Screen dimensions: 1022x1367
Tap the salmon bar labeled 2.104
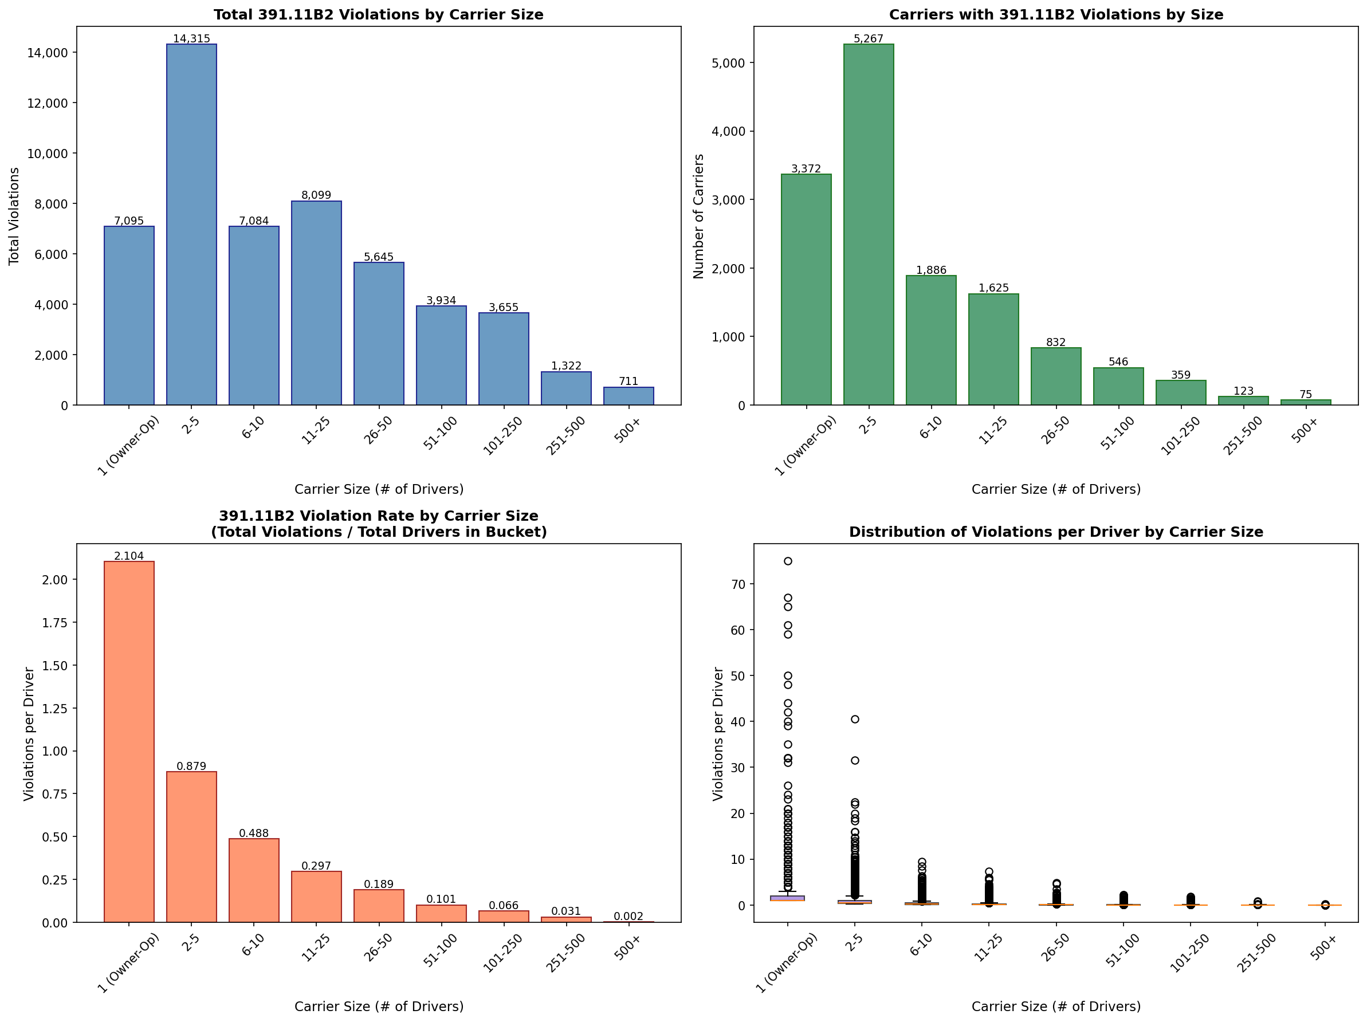[x=129, y=741]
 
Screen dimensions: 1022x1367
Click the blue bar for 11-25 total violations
[x=316, y=303]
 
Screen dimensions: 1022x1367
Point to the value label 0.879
[x=191, y=766]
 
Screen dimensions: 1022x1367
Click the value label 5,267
[x=869, y=38]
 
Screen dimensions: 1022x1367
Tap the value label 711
[x=628, y=381]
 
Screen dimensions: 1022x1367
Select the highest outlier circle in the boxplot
[x=788, y=561]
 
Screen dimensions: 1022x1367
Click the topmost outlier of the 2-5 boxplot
[x=855, y=719]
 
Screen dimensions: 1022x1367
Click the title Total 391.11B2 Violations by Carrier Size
[x=378, y=14]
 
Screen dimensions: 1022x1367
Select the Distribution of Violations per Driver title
[x=1055, y=532]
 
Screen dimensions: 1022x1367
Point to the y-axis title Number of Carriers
[x=699, y=217]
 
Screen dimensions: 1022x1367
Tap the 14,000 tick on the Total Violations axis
[x=47, y=53]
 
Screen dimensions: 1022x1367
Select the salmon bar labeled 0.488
[x=254, y=880]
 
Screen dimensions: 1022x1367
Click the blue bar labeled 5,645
[x=379, y=333]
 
